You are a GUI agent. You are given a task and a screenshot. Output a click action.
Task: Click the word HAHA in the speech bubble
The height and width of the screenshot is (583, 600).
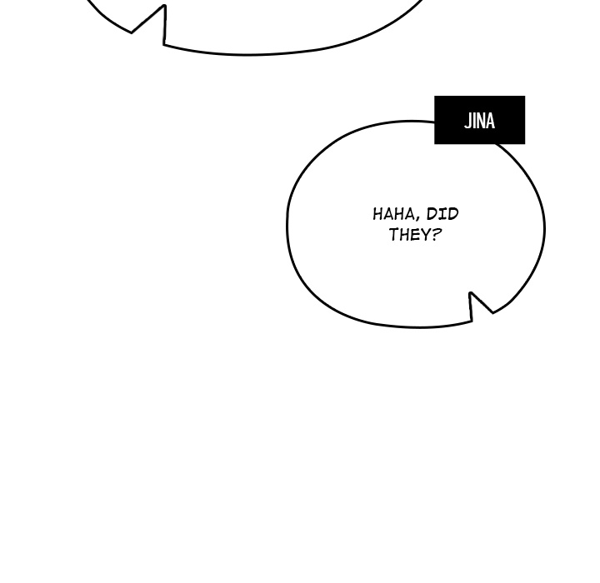[x=393, y=214]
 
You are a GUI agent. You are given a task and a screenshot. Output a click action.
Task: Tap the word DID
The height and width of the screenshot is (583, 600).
[x=442, y=214]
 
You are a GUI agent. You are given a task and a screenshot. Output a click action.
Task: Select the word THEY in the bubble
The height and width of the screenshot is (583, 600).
[x=409, y=234]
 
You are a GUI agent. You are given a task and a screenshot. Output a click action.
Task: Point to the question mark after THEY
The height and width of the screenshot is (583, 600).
[x=436, y=234]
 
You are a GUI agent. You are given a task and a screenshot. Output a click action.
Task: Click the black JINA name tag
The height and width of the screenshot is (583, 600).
[x=479, y=120]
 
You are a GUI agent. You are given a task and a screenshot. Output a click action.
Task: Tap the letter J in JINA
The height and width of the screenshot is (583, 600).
[x=467, y=121]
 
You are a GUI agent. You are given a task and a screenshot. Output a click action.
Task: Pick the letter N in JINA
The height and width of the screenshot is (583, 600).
[x=480, y=121]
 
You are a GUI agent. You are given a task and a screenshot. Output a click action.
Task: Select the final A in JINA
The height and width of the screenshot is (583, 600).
[x=490, y=121]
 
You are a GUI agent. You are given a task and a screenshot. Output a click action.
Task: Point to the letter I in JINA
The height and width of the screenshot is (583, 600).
[x=473, y=121]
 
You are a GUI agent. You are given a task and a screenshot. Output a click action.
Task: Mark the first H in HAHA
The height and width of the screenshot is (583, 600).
[x=378, y=214]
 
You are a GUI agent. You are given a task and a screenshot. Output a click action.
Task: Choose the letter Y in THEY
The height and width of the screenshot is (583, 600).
[x=424, y=234]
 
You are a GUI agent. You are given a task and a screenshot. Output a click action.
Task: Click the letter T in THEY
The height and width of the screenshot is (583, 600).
[x=393, y=234]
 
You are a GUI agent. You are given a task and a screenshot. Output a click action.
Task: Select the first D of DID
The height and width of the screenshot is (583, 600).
[x=432, y=214]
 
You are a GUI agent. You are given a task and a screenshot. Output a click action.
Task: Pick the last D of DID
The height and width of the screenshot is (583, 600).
[x=453, y=214]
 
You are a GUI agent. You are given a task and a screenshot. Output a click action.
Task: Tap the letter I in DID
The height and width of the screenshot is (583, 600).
[x=442, y=214]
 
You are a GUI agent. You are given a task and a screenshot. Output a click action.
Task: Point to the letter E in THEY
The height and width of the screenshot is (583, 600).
[x=414, y=234]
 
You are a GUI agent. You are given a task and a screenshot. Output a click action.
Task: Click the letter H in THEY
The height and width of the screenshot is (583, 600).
[x=404, y=234]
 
